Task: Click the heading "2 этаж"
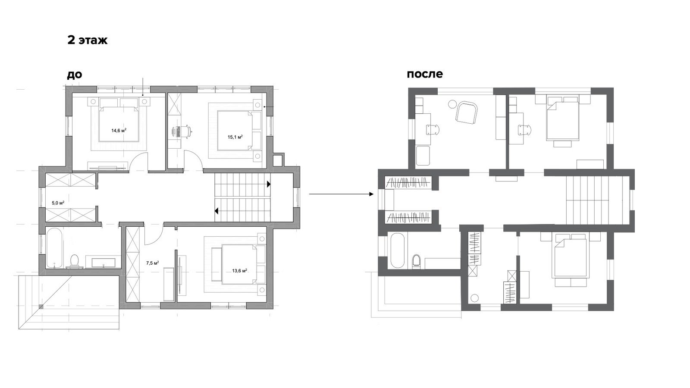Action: click(88, 41)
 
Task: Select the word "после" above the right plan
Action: click(425, 74)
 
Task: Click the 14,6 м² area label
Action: click(119, 130)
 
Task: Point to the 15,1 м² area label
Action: click(235, 137)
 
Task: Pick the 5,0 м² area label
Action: click(58, 203)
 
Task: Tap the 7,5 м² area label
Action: click(153, 263)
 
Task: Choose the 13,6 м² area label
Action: click(240, 271)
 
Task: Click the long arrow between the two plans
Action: click(341, 194)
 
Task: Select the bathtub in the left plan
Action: click(54, 248)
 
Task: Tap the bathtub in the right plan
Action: click(397, 250)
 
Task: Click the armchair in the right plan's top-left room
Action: click(467, 114)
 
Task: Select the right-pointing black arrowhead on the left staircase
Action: click(269, 184)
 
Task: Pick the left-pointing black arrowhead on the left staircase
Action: click(216, 211)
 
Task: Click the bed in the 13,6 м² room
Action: click(239, 264)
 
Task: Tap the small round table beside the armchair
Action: click(452, 104)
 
